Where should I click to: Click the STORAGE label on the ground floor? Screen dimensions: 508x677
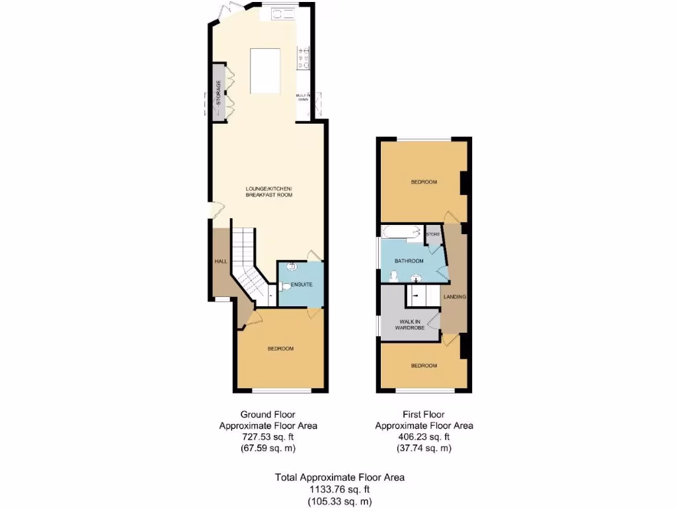(218, 93)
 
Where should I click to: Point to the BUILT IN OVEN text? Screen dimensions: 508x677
(303, 97)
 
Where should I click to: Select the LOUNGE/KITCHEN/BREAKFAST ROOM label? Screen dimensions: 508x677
(268, 192)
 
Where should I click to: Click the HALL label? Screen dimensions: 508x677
(221, 261)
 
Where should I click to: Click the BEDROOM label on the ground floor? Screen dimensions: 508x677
(280, 349)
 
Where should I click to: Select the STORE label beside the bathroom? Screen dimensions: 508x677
(433, 234)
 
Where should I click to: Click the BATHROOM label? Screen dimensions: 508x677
(409, 261)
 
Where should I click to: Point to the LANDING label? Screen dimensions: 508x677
(455, 297)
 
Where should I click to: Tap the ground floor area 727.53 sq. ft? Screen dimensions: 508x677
(268, 437)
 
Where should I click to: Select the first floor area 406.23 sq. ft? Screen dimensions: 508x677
(424, 437)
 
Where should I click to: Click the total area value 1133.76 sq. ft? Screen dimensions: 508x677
(339, 489)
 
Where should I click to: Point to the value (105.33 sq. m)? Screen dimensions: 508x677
(339, 501)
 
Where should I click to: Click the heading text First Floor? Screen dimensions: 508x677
(424, 414)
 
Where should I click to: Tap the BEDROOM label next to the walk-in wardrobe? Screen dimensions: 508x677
(424, 366)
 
